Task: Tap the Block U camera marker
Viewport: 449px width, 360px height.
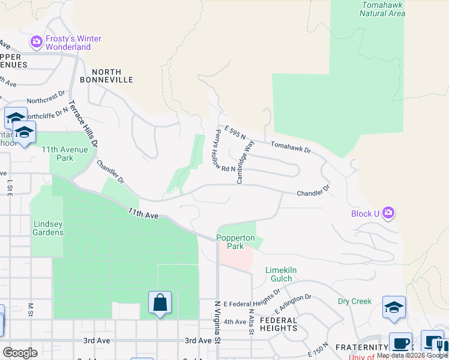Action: (389, 212)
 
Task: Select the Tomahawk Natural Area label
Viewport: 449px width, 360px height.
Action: (383, 9)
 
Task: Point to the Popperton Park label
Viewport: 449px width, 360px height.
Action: (235, 242)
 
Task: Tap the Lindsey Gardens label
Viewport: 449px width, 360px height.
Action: (47, 228)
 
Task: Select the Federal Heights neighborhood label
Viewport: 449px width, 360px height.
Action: (279, 324)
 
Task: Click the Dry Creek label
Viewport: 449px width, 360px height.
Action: (354, 301)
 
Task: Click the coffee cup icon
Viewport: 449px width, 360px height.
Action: (400, 343)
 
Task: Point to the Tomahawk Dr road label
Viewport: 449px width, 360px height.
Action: (291, 146)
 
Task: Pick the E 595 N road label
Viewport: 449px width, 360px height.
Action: (235, 133)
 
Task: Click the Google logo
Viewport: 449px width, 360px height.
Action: (19, 353)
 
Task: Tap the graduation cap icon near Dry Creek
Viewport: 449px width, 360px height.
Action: (394, 307)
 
